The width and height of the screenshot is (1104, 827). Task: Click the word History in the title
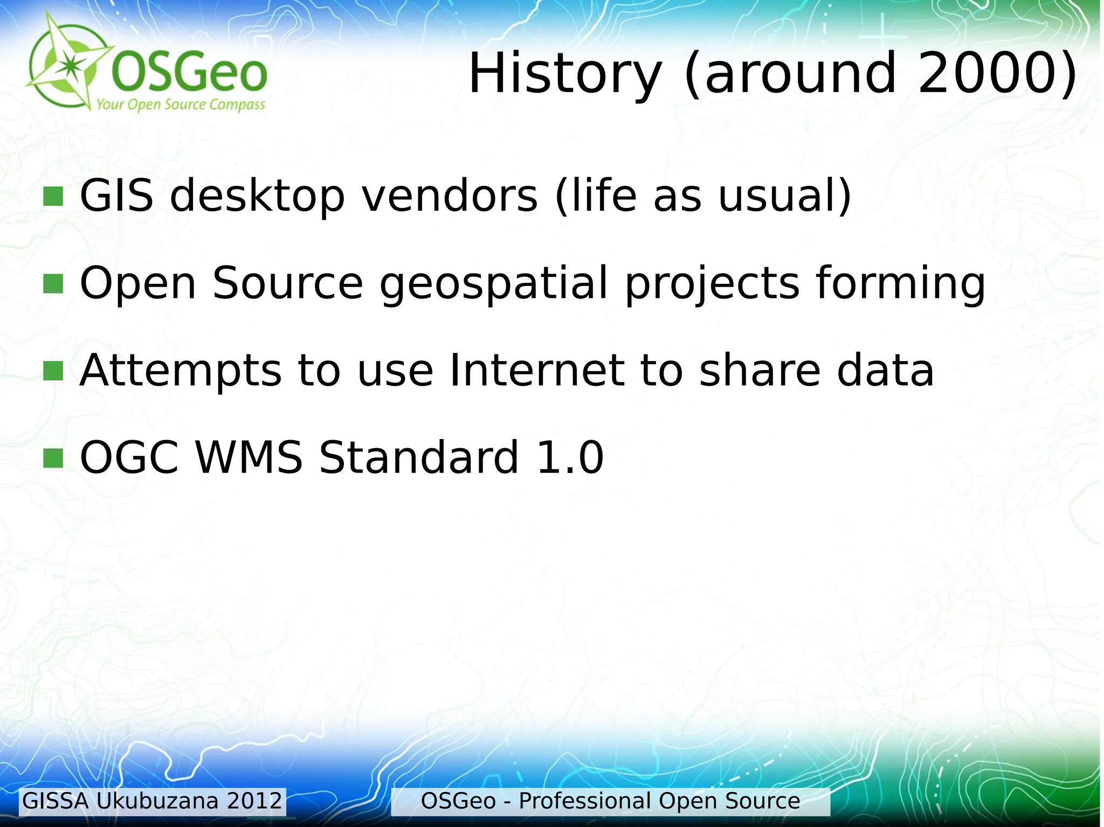[x=564, y=74]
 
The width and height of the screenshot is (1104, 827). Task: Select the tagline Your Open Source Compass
[x=181, y=105]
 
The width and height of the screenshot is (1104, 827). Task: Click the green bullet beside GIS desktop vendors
[x=53, y=197]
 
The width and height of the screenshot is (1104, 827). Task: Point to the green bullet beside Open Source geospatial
[x=53, y=284]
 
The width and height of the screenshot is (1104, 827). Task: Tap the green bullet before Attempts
[x=53, y=371]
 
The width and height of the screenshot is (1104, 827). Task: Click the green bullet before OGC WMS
[x=53, y=458]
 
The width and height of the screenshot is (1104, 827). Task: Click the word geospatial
[x=494, y=284]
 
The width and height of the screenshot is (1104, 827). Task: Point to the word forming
[x=900, y=283]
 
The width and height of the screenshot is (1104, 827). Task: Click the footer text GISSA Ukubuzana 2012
[x=153, y=801]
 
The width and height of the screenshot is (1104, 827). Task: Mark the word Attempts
[x=181, y=372]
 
